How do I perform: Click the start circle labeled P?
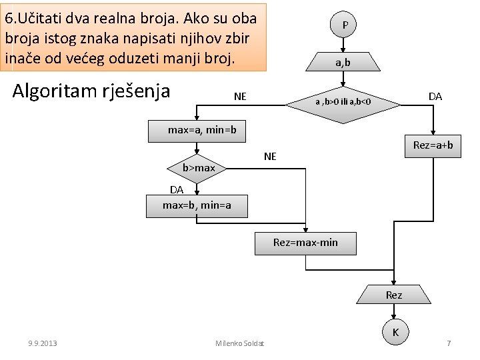pyautogui.click(x=344, y=25)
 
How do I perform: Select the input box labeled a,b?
pyautogui.click(x=343, y=63)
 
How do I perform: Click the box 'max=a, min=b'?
pyautogui.click(x=197, y=130)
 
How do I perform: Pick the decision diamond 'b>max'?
pyautogui.click(x=198, y=167)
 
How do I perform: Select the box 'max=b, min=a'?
pyautogui.click(x=197, y=205)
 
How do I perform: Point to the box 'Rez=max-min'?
pyautogui.click(x=305, y=243)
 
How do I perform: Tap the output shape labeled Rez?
pyautogui.click(x=394, y=295)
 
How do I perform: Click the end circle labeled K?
pyautogui.click(x=395, y=331)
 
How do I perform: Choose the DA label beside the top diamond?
pyautogui.click(x=435, y=97)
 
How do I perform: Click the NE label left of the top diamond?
pyautogui.click(x=240, y=97)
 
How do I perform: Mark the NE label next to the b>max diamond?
pyautogui.click(x=270, y=157)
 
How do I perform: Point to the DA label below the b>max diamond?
pyautogui.click(x=176, y=189)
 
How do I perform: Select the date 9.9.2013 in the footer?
pyautogui.click(x=42, y=343)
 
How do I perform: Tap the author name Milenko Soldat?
pyautogui.click(x=240, y=343)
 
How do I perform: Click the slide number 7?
pyautogui.click(x=449, y=343)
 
